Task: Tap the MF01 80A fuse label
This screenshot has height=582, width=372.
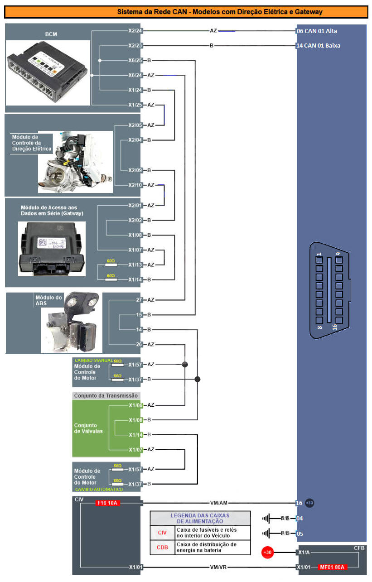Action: click(x=332, y=567)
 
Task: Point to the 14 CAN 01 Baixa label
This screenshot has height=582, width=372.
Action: click(x=318, y=46)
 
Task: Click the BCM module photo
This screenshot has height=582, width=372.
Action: click(x=48, y=72)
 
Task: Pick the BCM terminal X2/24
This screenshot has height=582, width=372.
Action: click(x=135, y=31)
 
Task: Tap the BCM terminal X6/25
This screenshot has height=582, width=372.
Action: click(x=135, y=60)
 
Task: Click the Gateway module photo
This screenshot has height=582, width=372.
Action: click(x=51, y=248)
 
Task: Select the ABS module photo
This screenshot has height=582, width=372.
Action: click(x=72, y=322)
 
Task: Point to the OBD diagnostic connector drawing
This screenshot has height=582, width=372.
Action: click(x=330, y=290)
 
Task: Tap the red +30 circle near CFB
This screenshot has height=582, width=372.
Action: click(x=268, y=553)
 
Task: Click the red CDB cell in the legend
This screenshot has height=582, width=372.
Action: click(x=162, y=547)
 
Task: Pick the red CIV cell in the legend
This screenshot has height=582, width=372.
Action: click(x=162, y=533)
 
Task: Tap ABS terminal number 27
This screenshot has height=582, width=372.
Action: click(x=139, y=300)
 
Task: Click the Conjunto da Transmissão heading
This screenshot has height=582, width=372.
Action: click(x=106, y=395)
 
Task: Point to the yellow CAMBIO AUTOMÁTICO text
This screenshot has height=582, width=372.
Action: click(x=99, y=490)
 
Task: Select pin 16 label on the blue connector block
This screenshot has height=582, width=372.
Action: click(x=299, y=503)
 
